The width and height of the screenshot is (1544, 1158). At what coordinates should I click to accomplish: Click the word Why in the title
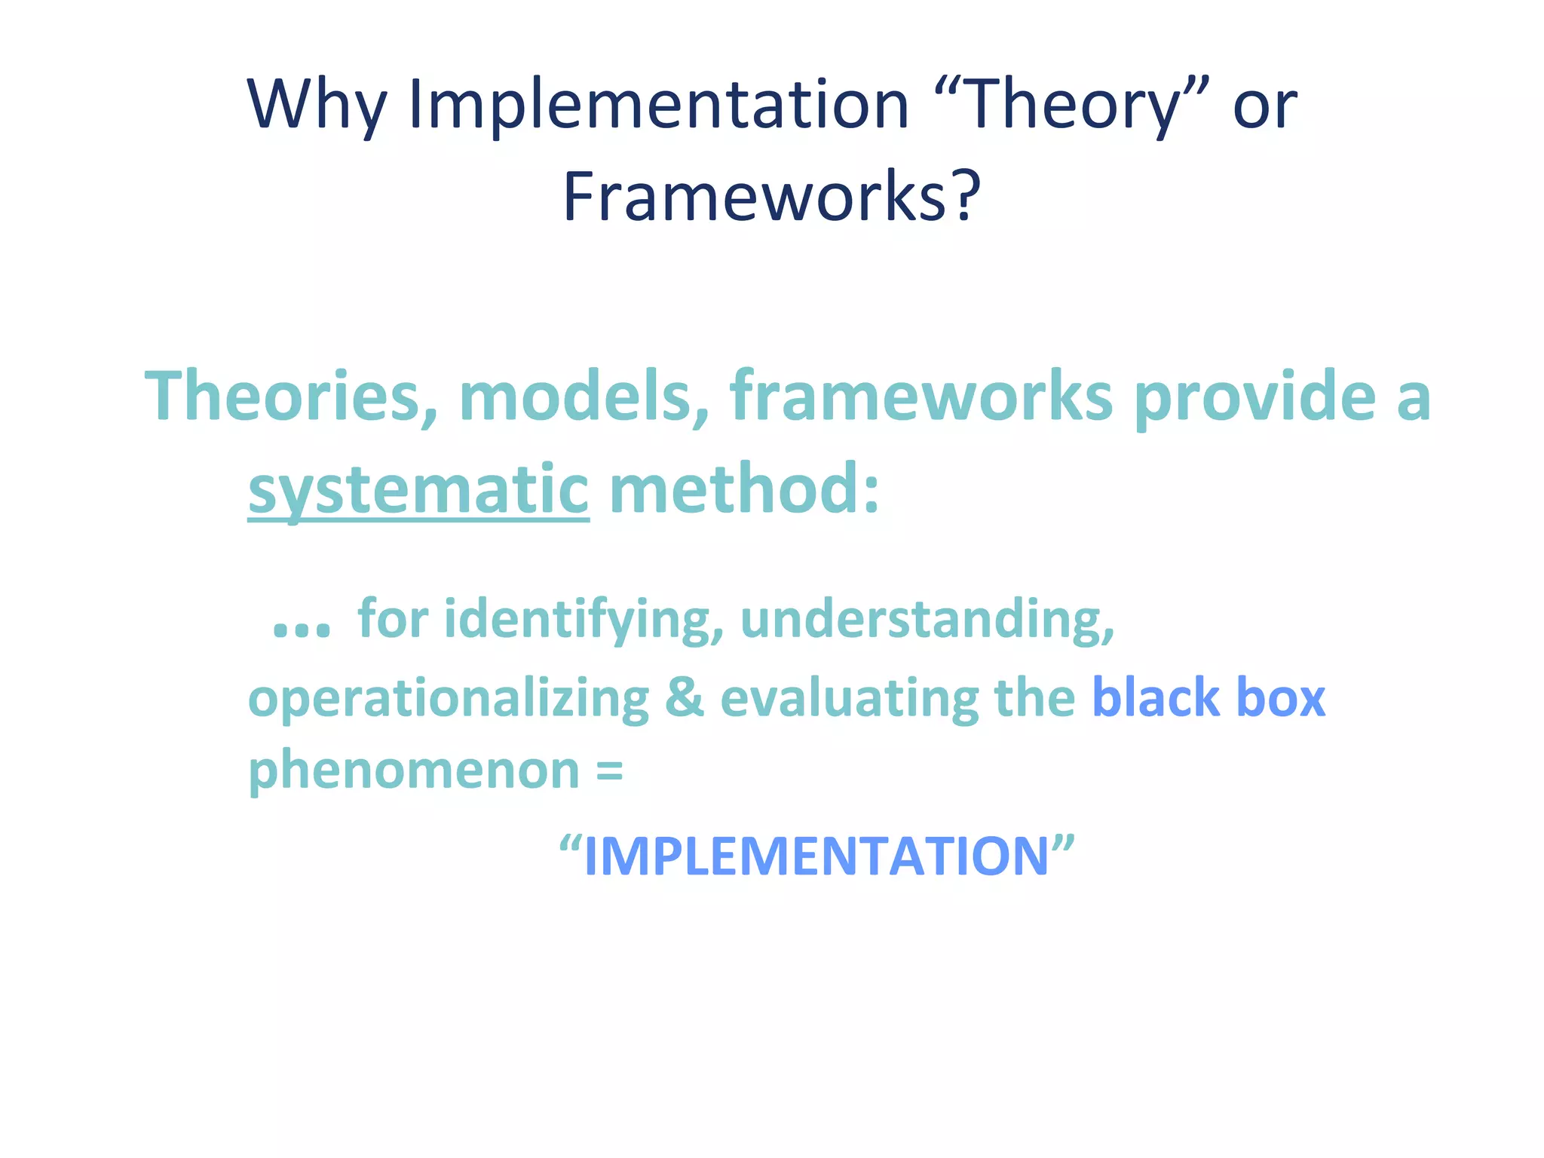(x=317, y=106)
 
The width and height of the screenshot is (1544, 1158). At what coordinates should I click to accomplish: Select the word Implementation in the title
(x=659, y=106)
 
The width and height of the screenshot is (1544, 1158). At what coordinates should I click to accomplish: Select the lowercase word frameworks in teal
(x=921, y=398)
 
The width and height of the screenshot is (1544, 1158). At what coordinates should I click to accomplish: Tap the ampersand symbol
(x=685, y=698)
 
